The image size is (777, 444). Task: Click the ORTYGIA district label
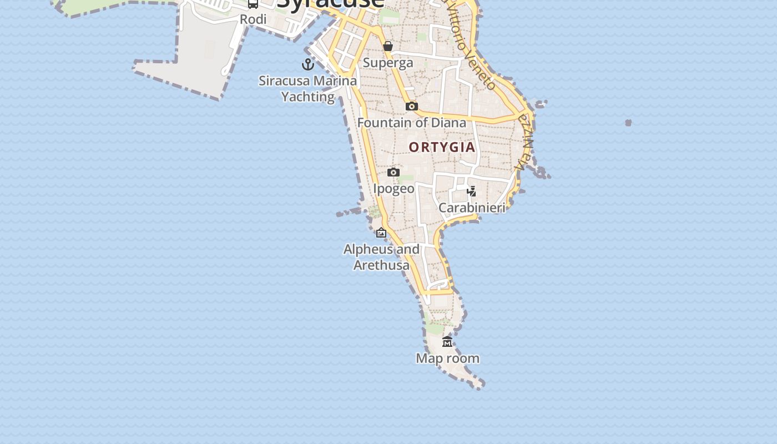point(442,147)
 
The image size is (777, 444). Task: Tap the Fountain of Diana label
point(412,123)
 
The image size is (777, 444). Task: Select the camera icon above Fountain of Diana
point(411,106)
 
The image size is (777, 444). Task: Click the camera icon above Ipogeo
point(393,172)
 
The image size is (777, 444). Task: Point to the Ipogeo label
point(393,189)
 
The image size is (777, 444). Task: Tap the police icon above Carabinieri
point(471,191)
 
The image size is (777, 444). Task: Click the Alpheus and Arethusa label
point(381,257)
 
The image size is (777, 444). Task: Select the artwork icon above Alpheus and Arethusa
point(381,233)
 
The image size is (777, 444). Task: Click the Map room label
point(447,359)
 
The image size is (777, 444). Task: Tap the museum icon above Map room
point(447,341)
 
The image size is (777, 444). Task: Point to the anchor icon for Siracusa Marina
point(308,64)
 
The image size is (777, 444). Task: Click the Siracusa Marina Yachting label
point(308,89)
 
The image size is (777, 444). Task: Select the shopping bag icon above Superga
point(388,46)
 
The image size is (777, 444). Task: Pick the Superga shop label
point(388,63)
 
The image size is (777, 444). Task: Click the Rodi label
point(253,19)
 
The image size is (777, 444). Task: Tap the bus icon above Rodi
point(253,3)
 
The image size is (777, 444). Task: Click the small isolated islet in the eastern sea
point(628,123)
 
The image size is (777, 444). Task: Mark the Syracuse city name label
point(330,3)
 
